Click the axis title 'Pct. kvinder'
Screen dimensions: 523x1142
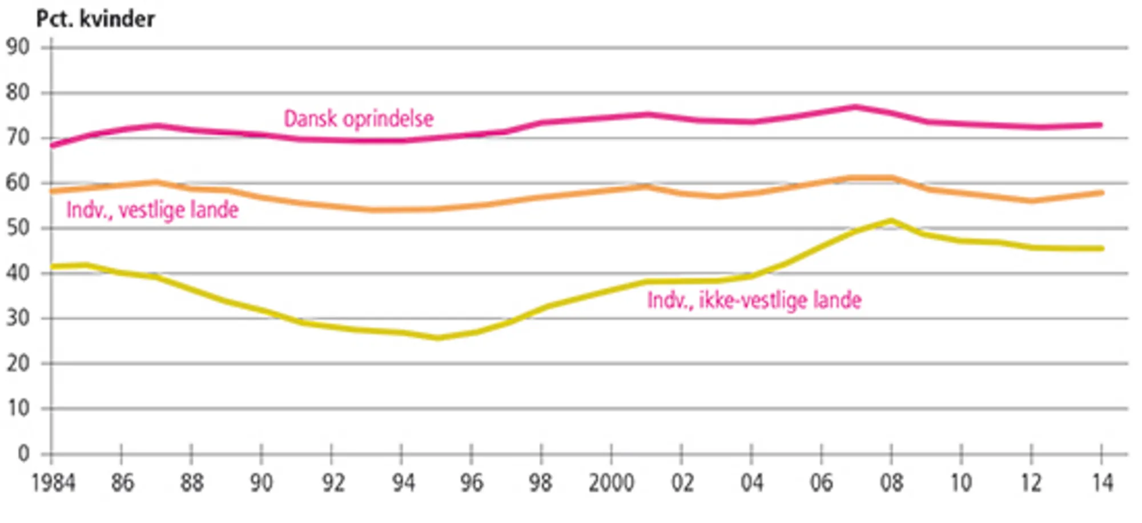95,19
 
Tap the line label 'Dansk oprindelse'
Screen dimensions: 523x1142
359,119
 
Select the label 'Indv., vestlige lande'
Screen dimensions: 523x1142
152,210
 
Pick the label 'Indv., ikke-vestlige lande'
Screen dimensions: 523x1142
754,300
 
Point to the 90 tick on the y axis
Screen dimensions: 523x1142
18,47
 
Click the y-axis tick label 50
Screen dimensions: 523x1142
18,228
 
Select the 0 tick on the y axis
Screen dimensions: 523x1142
23,454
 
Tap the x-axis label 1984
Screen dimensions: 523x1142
53,483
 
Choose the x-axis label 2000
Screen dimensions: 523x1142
611,483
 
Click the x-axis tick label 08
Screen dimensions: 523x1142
891,483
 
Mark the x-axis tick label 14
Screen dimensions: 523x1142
1103,483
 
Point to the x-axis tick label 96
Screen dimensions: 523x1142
472,483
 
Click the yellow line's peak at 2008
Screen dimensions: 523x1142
891,220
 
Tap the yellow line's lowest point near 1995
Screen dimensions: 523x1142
437,338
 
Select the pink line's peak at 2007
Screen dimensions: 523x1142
855,107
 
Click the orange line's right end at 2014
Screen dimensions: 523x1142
1101,193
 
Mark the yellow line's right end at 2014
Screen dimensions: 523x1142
1101,248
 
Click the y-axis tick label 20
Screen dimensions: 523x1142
18,363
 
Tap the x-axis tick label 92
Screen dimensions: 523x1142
333,483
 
